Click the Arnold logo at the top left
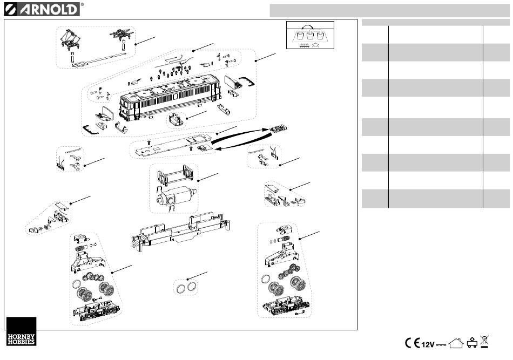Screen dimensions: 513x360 tap(42, 9)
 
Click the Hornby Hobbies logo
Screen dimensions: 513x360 tap(21, 331)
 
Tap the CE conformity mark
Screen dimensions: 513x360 tap(412, 343)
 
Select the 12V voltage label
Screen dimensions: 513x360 tap(428, 344)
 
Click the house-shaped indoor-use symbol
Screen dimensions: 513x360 tap(456, 343)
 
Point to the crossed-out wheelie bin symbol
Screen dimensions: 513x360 tap(484, 342)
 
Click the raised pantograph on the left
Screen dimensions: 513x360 tap(70, 41)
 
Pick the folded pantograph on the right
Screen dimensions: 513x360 tap(122, 34)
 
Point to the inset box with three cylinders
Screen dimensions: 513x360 tap(310, 35)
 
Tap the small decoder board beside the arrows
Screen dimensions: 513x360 tap(279, 128)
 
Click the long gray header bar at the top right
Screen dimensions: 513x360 tap(390, 10)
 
